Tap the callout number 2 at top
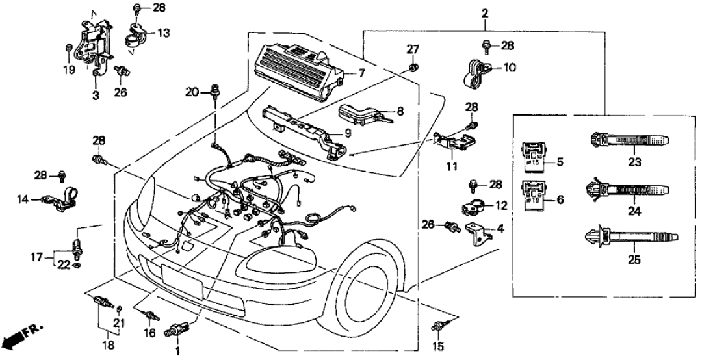click(x=485, y=14)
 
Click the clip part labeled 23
click(x=627, y=141)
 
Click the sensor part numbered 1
click(x=176, y=329)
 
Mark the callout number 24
click(x=634, y=211)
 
